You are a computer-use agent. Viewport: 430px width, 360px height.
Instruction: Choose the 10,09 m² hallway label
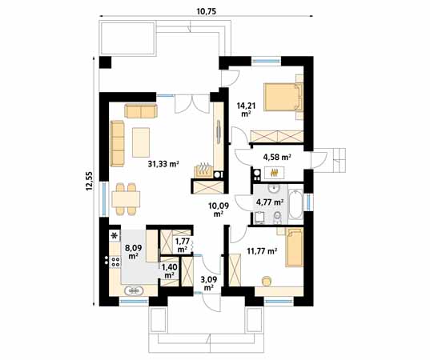(219, 210)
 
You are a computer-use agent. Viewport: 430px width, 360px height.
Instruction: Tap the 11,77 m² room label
(261, 251)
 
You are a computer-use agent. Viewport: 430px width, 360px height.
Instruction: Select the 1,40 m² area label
(169, 270)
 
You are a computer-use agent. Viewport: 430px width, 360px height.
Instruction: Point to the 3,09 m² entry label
(207, 283)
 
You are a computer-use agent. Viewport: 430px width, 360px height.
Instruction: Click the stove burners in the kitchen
(115, 259)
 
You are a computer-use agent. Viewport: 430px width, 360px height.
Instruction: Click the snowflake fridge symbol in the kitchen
(114, 235)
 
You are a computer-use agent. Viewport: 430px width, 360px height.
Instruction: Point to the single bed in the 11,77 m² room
(294, 249)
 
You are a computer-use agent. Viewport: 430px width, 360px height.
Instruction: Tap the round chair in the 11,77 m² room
(267, 279)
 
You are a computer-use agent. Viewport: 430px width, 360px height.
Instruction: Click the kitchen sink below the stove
(134, 290)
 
